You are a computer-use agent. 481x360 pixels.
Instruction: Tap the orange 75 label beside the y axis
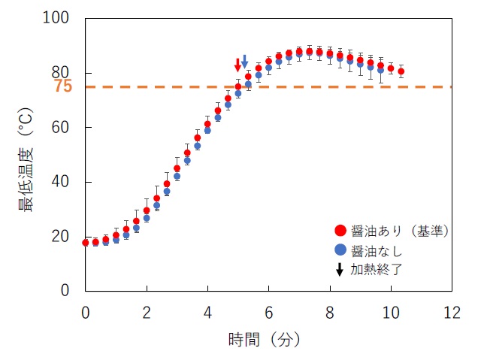pyautogui.click(x=63, y=86)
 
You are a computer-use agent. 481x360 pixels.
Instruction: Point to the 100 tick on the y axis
pyautogui.click(x=59, y=19)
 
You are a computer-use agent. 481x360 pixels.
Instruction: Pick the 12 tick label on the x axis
pyautogui.click(x=452, y=311)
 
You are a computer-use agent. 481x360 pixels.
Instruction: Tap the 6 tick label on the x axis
pyautogui.click(x=268, y=311)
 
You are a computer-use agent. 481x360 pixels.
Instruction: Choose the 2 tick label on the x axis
pyautogui.click(x=147, y=311)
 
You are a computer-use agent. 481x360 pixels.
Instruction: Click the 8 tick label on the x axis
pyautogui.click(x=329, y=311)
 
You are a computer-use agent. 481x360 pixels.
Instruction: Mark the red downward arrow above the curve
pyautogui.click(x=238, y=65)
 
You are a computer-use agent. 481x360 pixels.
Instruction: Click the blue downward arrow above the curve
pyautogui.click(x=244, y=62)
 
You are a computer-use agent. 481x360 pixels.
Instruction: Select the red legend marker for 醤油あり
pyautogui.click(x=340, y=231)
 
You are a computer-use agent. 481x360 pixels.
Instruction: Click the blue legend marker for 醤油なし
pyautogui.click(x=340, y=250)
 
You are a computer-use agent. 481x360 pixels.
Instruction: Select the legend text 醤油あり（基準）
pyautogui.click(x=400, y=231)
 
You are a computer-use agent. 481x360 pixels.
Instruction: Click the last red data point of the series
pyautogui.click(x=401, y=71)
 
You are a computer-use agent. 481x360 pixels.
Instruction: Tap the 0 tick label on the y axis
pyautogui.click(x=68, y=291)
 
